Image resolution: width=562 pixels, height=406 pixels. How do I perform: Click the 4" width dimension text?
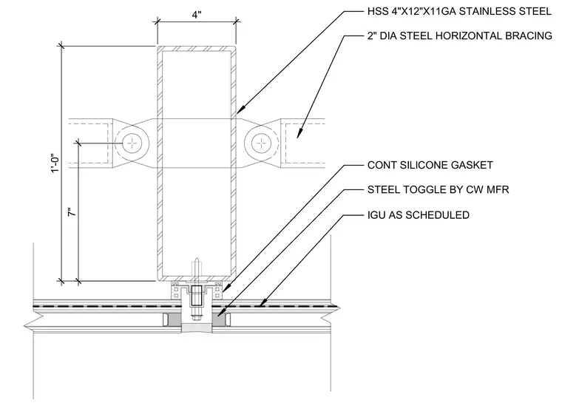tap(197, 15)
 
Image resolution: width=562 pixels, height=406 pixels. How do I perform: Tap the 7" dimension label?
tap(72, 212)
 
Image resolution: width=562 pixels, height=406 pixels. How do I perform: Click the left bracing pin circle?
tap(132, 143)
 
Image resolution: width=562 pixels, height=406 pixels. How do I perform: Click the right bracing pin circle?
tap(262, 143)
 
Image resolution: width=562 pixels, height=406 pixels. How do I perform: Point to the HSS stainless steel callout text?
tap(459, 12)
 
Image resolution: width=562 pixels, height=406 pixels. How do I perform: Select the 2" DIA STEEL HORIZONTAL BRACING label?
tap(459, 35)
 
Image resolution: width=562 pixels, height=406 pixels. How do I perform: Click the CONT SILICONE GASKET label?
tap(430, 165)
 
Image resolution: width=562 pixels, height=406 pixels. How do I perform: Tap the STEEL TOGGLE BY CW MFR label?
tap(438, 189)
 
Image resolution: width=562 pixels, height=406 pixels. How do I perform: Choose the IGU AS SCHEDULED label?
tap(419, 215)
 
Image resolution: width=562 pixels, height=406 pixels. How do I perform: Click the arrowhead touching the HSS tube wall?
tap(241, 108)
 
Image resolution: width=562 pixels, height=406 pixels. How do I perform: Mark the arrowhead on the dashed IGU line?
tap(263, 302)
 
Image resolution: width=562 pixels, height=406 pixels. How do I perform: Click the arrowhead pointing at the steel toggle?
tap(220, 312)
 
